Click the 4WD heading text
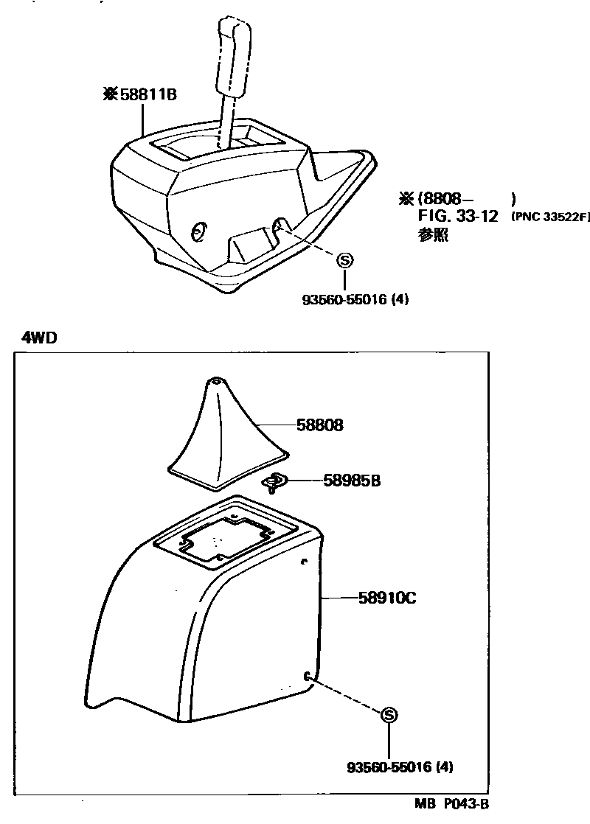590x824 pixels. coord(40,338)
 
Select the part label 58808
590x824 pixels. coord(320,425)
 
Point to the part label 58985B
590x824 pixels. coord(351,481)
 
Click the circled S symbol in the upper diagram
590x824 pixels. coord(344,259)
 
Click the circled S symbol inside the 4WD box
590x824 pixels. coord(389,714)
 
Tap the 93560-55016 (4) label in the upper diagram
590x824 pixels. coord(355,300)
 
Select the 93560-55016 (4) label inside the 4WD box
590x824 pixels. coord(400,767)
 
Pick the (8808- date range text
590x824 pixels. coord(445,199)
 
